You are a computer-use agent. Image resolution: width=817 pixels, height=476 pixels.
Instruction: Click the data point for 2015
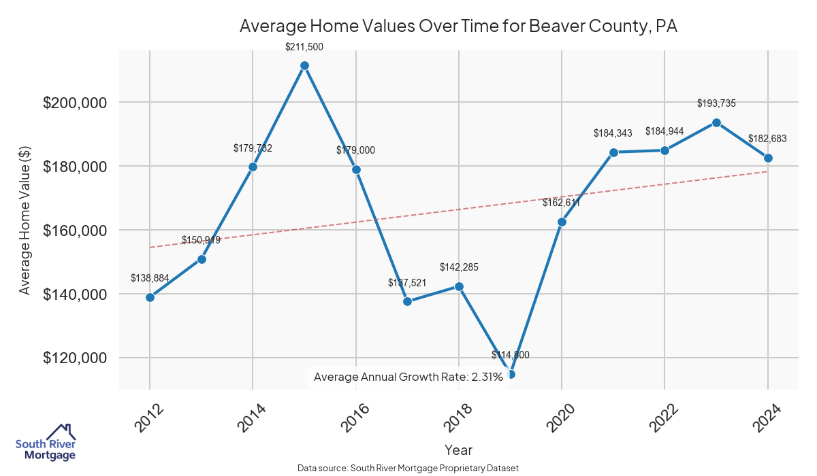tap(304, 65)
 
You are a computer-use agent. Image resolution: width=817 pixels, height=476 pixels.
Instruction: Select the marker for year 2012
tap(150, 297)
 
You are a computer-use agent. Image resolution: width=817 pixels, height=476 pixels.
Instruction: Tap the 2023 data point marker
tap(716, 122)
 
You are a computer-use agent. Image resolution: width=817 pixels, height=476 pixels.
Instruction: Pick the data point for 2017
tap(407, 301)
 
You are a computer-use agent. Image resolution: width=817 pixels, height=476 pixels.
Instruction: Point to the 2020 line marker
tap(562, 222)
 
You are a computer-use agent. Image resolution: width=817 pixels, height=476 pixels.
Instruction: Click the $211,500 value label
tap(304, 47)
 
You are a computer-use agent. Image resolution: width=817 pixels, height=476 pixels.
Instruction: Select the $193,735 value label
tap(716, 103)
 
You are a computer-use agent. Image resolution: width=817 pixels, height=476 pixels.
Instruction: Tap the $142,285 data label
tap(459, 267)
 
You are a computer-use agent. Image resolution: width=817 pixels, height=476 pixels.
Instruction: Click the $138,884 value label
tap(150, 278)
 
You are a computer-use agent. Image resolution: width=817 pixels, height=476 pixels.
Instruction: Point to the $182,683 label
tap(767, 139)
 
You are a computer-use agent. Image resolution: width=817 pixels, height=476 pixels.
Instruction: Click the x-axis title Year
tap(458, 449)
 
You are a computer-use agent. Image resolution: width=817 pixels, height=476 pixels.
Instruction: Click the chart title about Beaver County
tap(458, 27)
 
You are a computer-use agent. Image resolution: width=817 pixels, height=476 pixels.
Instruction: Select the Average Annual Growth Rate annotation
tap(408, 377)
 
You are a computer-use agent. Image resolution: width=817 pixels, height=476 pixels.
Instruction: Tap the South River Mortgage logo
tap(46, 443)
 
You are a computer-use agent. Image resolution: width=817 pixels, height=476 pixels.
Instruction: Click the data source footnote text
tap(408, 468)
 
